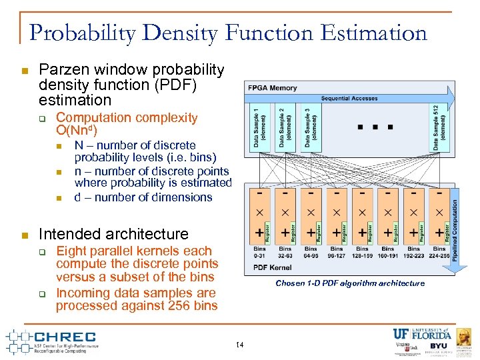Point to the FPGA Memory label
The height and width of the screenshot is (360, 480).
[x=272, y=88]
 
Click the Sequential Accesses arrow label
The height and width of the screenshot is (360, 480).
[x=349, y=99]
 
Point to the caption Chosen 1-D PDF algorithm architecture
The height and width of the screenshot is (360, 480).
[x=350, y=283]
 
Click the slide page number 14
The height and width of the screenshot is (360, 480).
[x=240, y=344]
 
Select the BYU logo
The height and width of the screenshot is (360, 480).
[x=439, y=346]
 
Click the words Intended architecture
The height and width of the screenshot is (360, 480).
[x=114, y=234]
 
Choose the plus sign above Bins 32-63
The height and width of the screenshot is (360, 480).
[x=285, y=233]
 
